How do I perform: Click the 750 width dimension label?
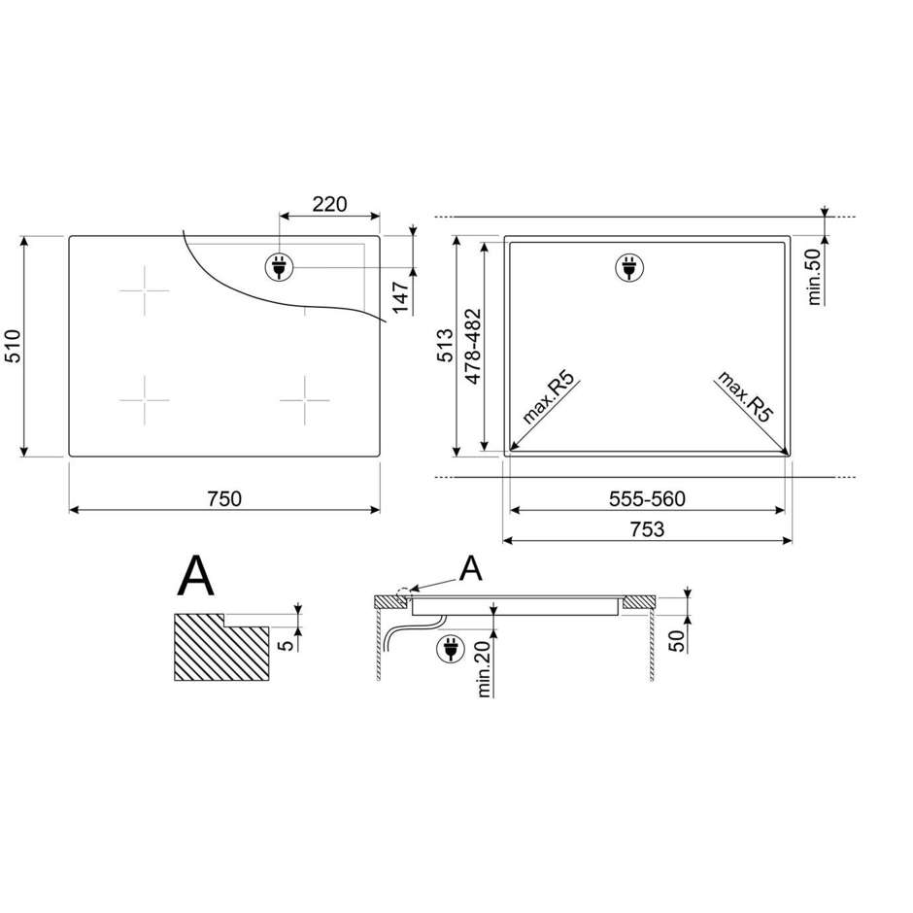[224, 499]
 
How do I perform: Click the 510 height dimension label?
[13, 346]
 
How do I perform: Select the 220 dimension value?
[329, 204]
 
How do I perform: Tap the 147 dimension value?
[400, 297]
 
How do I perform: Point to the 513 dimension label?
[446, 345]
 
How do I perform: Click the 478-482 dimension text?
[473, 346]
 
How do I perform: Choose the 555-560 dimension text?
[647, 499]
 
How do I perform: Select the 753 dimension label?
[647, 529]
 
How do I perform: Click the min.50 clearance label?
[814, 276]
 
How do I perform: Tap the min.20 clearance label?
[485, 668]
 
